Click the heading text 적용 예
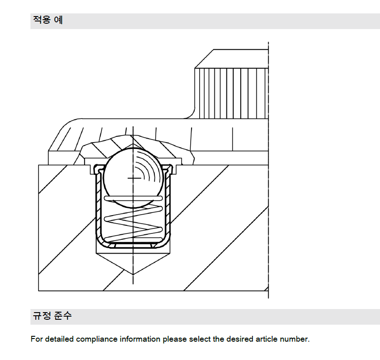(48, 21)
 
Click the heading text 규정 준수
(52, 316)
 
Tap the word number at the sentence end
(294, 339)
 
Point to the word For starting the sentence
(36, 339)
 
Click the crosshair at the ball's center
(133, 178)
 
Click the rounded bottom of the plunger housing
(133, 246)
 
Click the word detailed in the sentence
(60, 339)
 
